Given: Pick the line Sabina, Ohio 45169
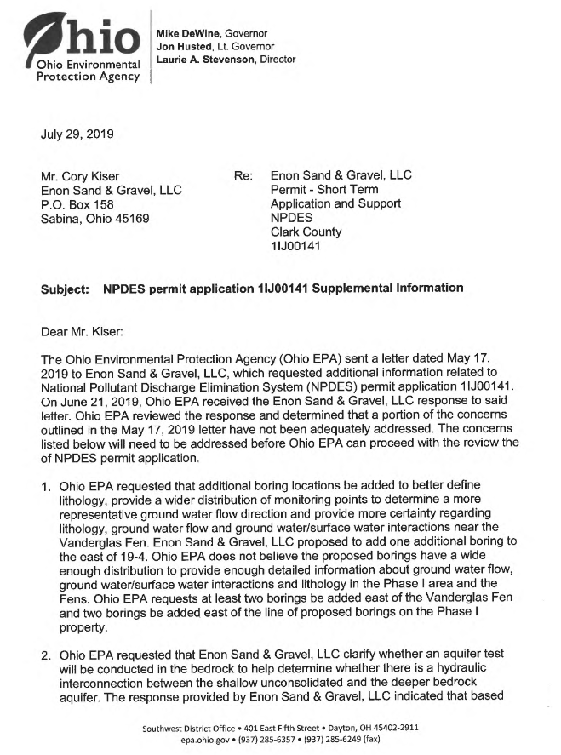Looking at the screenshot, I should (99, 218).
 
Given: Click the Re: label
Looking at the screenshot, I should (244, 176).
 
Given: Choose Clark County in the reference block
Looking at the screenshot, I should (306, 232).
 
